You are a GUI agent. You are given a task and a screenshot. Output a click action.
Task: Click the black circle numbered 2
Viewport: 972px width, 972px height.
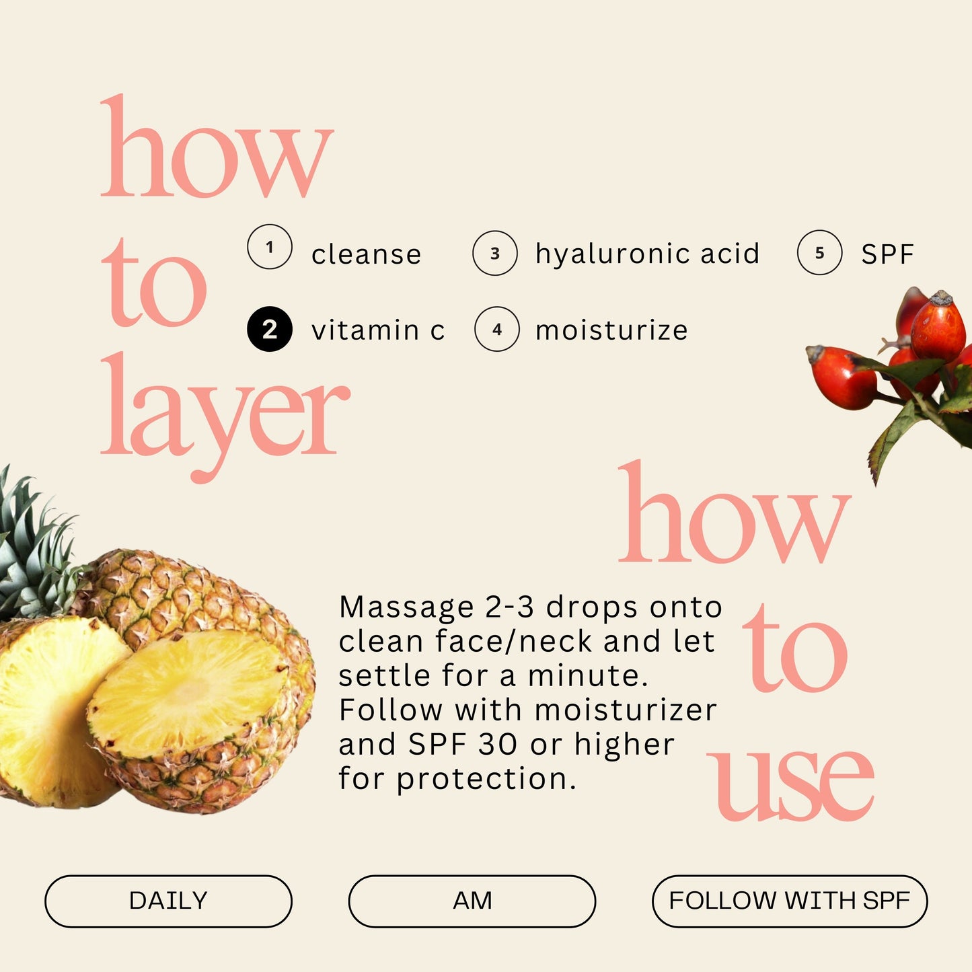pos(270,330)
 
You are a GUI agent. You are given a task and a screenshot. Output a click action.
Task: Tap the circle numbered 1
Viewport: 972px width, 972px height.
pos(270,247)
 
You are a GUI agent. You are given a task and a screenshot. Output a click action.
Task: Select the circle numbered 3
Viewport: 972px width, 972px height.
pos(495,254)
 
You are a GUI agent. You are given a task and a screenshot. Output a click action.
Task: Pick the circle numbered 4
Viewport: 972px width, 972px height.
pos(497,330)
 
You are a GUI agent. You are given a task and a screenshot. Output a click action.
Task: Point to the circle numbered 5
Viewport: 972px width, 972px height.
pos(819,253)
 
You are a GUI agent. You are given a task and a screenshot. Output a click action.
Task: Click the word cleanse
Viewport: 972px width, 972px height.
pos(366,255)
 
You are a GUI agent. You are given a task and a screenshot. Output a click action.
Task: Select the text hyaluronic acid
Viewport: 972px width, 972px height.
pos(647,254)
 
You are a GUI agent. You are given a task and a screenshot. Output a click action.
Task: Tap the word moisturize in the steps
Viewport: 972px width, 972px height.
pos(611,330)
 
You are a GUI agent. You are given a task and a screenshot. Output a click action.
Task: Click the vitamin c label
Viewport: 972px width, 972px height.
pos(378,330)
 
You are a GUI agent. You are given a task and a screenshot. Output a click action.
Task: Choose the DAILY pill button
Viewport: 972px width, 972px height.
pos(168,901)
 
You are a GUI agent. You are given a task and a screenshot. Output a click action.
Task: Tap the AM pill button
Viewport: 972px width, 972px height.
pos(472,901)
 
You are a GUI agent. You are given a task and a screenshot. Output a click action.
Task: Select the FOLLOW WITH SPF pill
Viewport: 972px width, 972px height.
pos(789,901)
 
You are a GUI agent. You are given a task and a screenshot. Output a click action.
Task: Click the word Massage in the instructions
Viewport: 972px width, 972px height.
pos(406,607)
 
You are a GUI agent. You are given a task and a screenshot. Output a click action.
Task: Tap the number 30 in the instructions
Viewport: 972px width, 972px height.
pos(497,745)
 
